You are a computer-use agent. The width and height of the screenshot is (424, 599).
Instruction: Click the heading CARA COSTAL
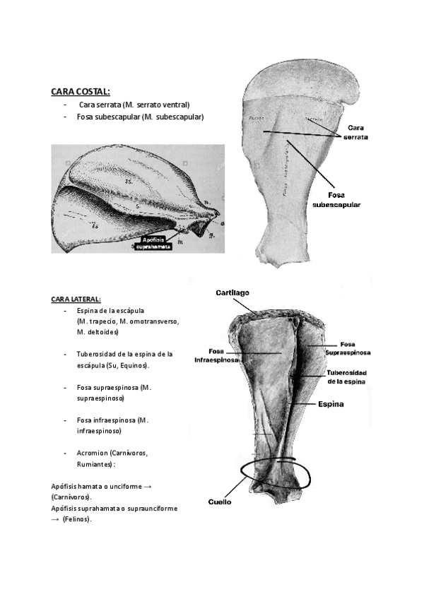[x=80, y=92]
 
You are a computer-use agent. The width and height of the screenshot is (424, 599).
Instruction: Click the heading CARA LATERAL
[x=76, y=299]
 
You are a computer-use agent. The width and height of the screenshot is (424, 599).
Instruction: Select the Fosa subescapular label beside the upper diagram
[x=336, y=199]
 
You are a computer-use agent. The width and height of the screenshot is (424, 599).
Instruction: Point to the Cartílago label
[x=233, y=292]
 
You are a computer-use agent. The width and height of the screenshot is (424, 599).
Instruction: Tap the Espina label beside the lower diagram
[x=331, y=405]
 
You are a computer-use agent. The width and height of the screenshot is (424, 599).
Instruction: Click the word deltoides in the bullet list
[x=98, y=332]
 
